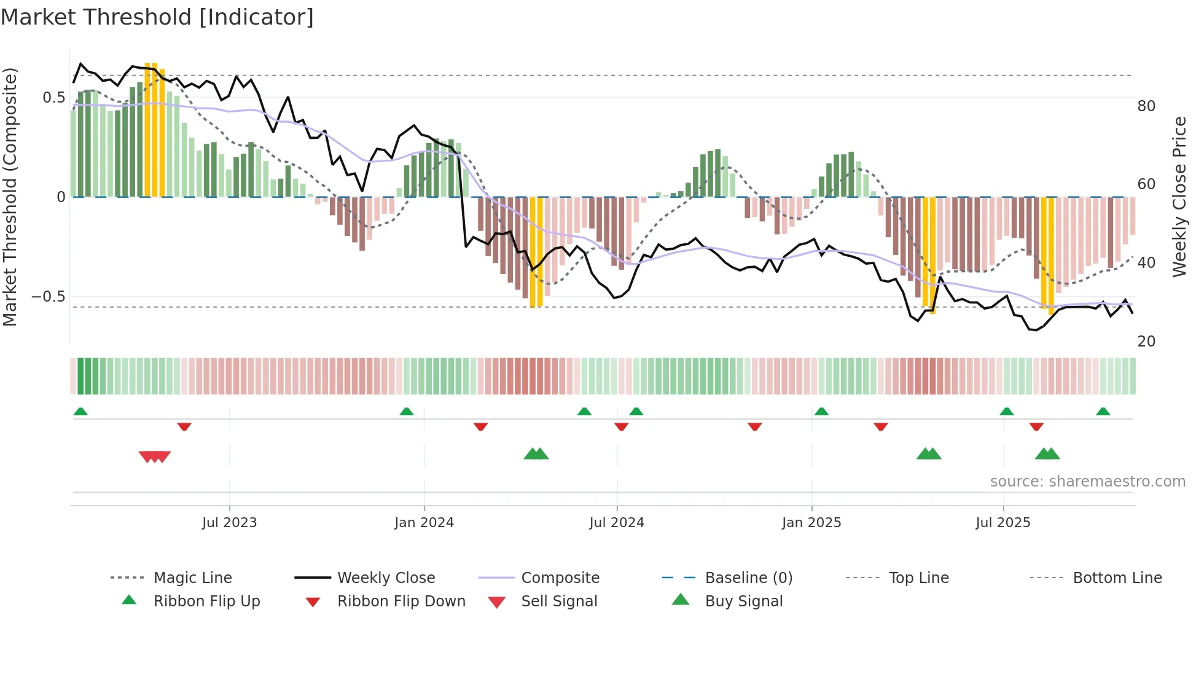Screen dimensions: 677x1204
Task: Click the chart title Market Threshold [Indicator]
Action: pyautogui.click(x=157, y=17)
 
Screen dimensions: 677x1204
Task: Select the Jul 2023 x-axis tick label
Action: pyautogui.click(x=229, y=523)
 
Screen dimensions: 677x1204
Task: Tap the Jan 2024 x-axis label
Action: pyautogui.click(x=424, y=523)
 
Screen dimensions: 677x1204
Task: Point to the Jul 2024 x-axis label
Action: pyautogui.click(x=616, y=523)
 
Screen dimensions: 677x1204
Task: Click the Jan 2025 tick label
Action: pyautogui.click(x=811, y=523)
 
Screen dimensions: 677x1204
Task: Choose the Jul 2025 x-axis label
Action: pyautogui.click(x=1003, y=523)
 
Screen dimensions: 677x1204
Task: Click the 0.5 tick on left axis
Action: pyautogui.click(x=53, y=98)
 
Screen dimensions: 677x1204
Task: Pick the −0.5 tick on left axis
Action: pyautogui.click(x=49, y=297)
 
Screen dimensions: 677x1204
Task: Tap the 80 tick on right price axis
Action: pyautogui.click(x=1146, y=106)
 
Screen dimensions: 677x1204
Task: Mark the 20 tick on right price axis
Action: pyautogui.click(x=1146, y=342)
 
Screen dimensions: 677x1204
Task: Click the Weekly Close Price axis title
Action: pyautogui.click(x=1179, y=197)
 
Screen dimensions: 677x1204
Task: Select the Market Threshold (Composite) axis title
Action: pyautogui.click(x=10, y=197)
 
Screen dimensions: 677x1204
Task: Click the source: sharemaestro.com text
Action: pyautogui.click(x=1087, y=482)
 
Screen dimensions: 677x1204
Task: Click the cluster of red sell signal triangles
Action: pyautogui.click(x=154, y=456)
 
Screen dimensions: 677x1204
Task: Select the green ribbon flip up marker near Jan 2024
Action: pyautogui.click(x=406, y=412)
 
